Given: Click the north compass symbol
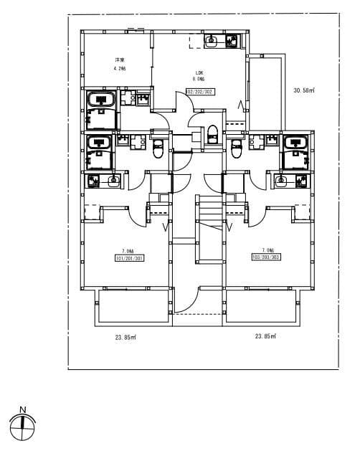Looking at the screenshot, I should (23, 425).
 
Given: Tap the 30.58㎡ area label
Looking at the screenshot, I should (305, 90).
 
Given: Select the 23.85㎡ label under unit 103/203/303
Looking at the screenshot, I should (265, 336).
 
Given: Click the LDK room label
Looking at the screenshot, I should (198, 72).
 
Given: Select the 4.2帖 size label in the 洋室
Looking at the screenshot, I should (120, 68).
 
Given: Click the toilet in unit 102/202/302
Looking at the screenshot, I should (212, 134).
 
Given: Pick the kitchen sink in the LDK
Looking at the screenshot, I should (212, 41).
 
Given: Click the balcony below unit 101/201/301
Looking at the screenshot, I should (133, 306).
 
